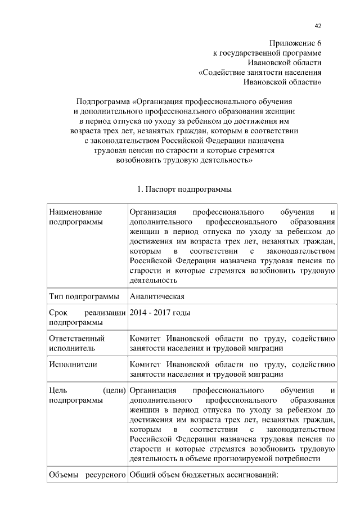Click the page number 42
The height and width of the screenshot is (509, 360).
[x=318, y=26]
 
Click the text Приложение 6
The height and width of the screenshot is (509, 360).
[x=296, y=43]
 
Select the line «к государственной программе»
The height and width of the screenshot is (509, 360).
[x=267, y=52]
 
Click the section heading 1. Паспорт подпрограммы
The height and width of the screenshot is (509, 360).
[x=184, y=190]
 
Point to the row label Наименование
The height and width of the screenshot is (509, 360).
[x=76, y=212]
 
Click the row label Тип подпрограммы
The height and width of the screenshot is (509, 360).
[x=84, y=296]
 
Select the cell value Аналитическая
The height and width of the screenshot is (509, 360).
[x=156, y=296]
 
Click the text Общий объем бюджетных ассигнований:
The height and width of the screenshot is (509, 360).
[x=204, y=475]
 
